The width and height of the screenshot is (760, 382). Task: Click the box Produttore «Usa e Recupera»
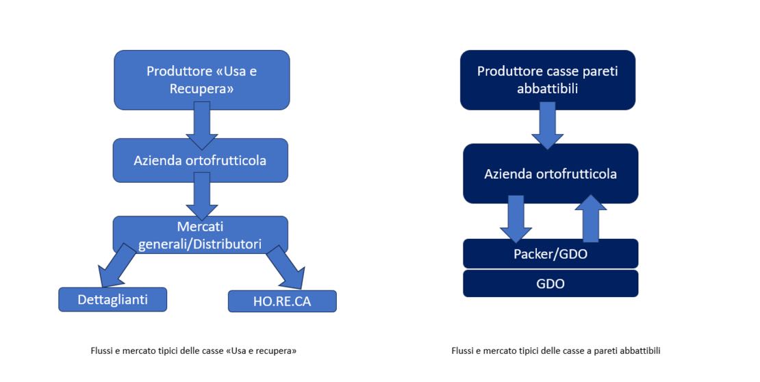201,79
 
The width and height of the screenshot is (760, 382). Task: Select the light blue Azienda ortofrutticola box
200,161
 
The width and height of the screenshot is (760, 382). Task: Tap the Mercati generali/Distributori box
200,234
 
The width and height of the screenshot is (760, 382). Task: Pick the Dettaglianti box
112,299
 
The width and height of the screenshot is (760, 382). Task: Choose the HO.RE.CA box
282,301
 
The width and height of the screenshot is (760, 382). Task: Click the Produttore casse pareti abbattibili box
547,80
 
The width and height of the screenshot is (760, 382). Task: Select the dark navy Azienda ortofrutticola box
550,174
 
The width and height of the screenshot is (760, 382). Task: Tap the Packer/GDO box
550,253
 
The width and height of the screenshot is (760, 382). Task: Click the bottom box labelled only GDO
550,283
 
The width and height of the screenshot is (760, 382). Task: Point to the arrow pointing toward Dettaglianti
116,266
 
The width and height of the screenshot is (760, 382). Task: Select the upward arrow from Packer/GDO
590,218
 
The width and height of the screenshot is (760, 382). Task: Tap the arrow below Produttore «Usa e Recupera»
202,125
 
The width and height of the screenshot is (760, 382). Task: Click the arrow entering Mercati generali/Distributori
201,196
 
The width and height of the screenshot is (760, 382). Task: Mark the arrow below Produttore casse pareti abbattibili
547,126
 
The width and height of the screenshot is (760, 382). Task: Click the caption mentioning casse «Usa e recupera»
193,351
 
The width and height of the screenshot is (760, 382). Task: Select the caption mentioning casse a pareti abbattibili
556,351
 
